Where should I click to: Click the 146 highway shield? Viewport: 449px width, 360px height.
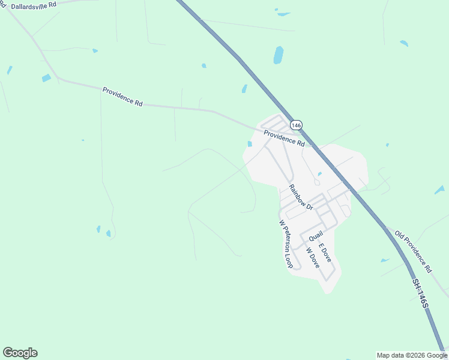pyautogui.click(x=295, y=125)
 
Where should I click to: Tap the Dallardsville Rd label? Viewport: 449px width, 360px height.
pyautogui.click(x=34, y=5)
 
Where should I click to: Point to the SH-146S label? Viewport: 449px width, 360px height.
pyautogui.click(x=420, y=294)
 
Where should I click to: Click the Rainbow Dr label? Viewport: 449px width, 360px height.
pyautogui.click(x=301, y=197)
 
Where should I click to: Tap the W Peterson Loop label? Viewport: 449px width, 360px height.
pyautogui.click(x=285, y=244)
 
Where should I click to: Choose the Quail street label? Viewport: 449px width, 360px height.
pyautogui.click(x=316, y=235)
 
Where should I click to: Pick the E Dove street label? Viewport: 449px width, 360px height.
pyautogui.click(x=325, y=252)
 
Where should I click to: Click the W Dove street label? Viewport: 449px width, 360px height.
pyautogui.click(x=313, y=258)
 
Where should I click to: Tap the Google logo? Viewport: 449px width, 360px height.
pyautogui.click(x=20, y=353)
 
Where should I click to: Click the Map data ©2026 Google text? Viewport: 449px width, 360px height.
pyautogui.click(x=411, y=355)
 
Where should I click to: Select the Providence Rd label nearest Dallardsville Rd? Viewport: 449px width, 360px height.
pyautogui.click(x=122, y=96)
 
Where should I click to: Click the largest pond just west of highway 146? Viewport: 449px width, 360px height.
pyautogui.click(x=279, y=55)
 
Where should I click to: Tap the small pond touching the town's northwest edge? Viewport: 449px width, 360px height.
pyautogui.click(x=250, y=143)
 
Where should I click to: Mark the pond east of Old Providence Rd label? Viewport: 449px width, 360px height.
pyautogui.click(x=440, y=190)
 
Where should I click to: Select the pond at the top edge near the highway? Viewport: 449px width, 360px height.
pyautogui.click(x=282, y=12)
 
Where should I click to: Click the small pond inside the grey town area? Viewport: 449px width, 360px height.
pyautogui.click(x=320, y=174)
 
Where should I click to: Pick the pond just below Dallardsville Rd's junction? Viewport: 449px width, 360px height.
pyautogui.click(x=46, y=78)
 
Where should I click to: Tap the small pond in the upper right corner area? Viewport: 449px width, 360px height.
pyautogui.click(x=404, y=43)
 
